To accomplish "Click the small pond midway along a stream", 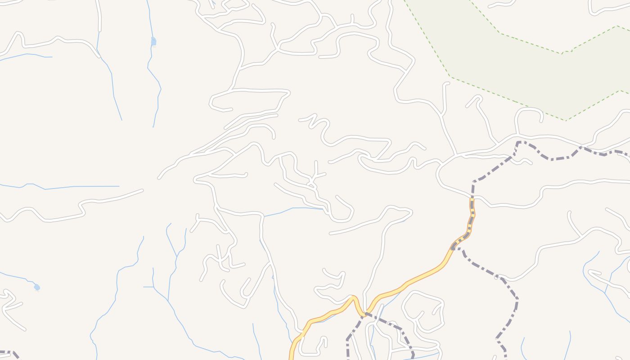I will pos(153,41).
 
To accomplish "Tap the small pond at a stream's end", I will pos(37,287).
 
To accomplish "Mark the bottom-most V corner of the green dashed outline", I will pos(566,120).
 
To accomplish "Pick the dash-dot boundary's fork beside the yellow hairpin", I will pos(365,314).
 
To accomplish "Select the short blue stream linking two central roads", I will pos(292,209).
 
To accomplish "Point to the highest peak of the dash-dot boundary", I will pos(519,142).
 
